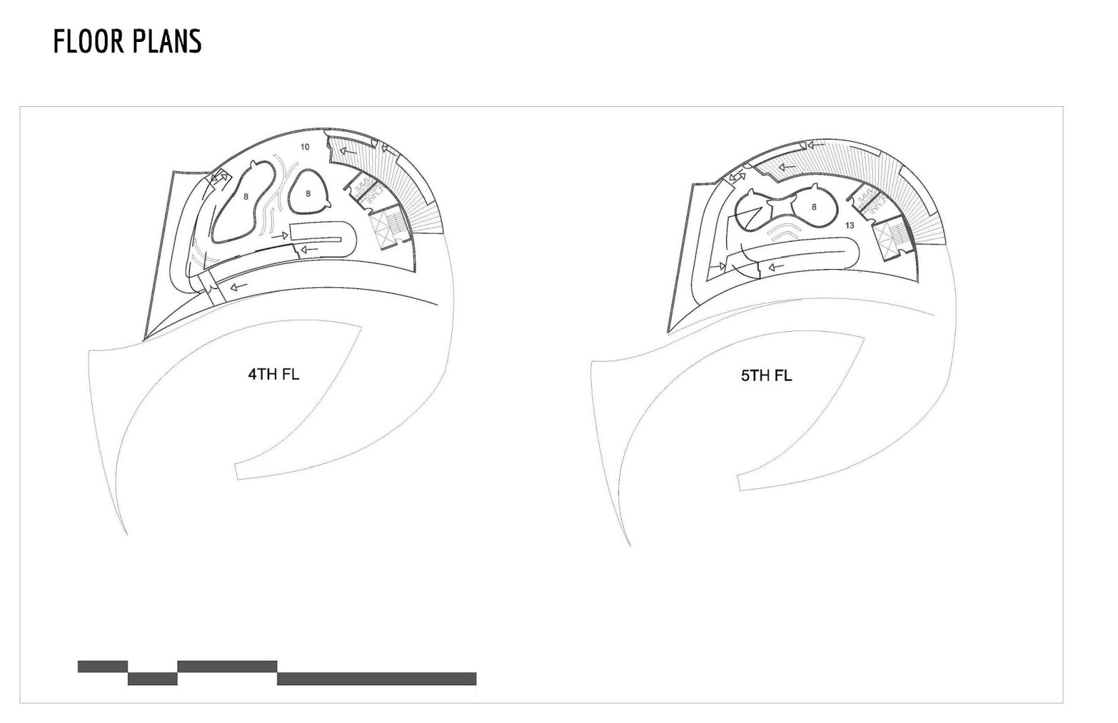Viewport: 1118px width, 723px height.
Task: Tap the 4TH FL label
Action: pyautogui.click(x=273, y=374)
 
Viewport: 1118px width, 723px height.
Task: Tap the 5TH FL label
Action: pyautogui.click(x=766, y=375)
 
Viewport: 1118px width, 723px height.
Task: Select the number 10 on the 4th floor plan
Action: pyautogui.click(x=305, y=147)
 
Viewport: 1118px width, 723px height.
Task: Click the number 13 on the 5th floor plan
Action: pyautogui.click(x=850, y=226)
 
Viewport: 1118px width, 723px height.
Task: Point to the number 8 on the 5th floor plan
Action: pyautogui.click(x=814, y=207)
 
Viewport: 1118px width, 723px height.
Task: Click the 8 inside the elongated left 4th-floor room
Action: pyautogui.click(x=246, y=197)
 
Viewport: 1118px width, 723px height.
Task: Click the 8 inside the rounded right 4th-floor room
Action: pyautogui.click(x=308, y=193)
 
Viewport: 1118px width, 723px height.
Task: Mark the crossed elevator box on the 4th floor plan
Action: pyautogui.click(x=380, y=230)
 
